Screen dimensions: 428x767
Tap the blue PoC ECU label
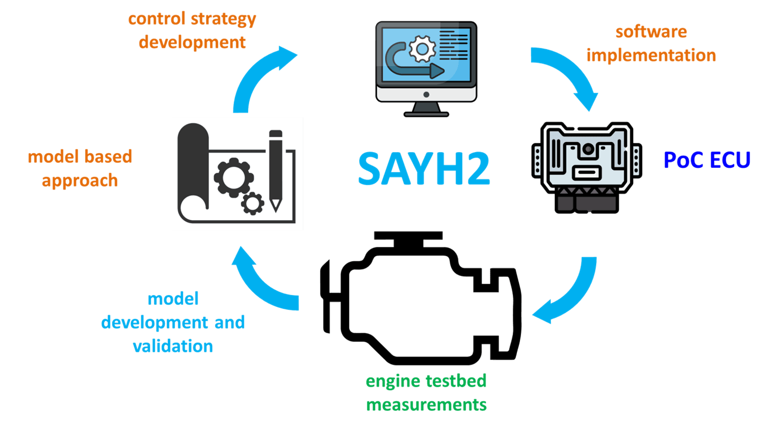coord(707,160)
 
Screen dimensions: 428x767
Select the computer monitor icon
coord(426,68)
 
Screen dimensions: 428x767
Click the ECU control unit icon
coord(587,167)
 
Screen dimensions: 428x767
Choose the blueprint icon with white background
coord(238,174)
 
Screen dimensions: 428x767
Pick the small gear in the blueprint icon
coord(253,203)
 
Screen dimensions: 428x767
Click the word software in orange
coord(651,32)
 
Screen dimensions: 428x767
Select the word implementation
coord(651,55)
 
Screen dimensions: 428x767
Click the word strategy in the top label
coord(223,19)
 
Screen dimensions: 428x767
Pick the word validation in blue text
coord(172,346)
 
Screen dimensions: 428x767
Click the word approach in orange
coord(80,181)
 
